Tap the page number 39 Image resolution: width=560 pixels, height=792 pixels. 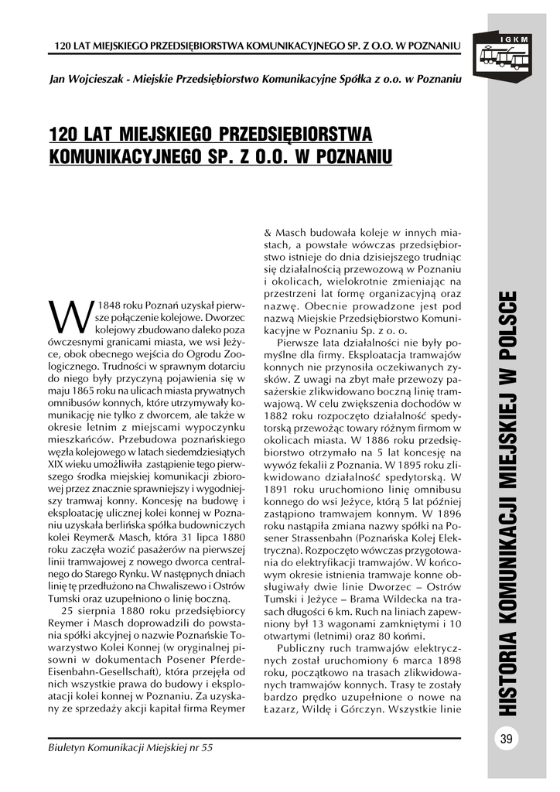click(x=507, y=739)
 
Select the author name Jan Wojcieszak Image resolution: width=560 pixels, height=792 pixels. click(x=87, y=79)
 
